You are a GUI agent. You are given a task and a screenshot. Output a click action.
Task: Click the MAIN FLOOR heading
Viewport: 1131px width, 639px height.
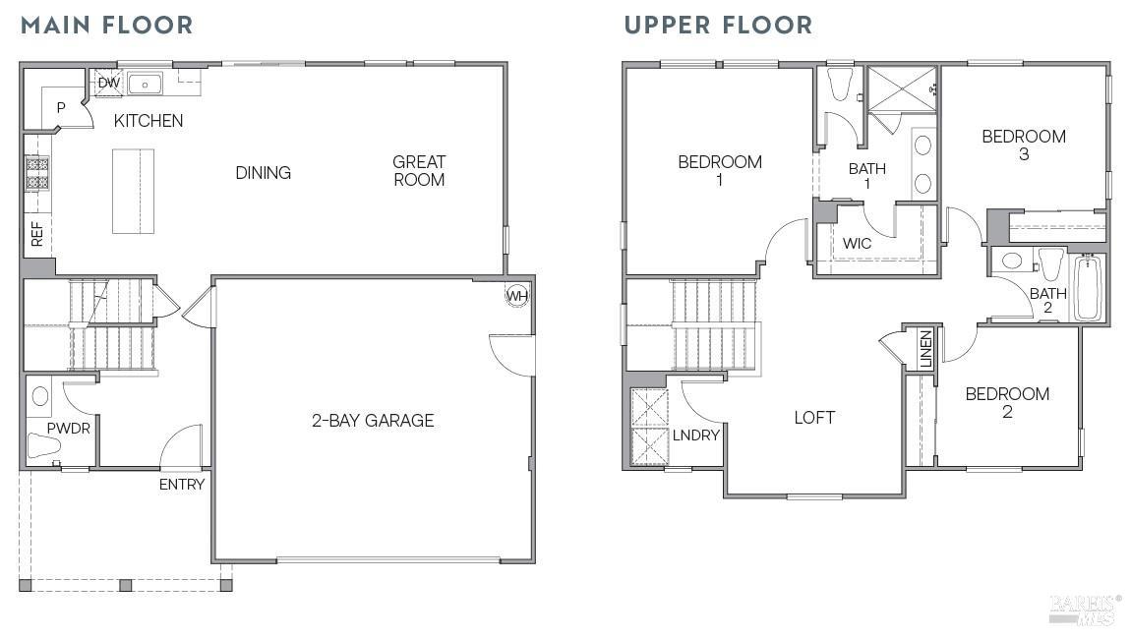(x=107, y=26)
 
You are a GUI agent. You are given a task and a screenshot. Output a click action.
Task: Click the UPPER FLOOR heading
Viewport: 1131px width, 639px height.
(x=718, y=26)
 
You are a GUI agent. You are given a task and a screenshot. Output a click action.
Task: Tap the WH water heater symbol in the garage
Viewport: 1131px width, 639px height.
(x=516, y=295)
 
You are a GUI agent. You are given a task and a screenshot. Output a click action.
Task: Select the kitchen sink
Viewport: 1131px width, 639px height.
(x=146, y=84)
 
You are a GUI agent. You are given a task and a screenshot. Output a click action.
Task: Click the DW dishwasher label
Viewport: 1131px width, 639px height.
(x=108, y=84)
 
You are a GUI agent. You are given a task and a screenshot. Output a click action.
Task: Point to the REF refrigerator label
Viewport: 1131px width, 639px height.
(x=37, y=234)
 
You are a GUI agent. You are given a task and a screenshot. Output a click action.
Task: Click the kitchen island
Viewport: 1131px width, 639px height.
(x=133, y=191)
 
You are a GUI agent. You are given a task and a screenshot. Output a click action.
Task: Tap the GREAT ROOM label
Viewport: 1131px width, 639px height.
(x=419, y=170)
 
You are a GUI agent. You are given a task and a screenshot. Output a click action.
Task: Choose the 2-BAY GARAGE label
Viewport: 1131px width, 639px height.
(x=373, y=421)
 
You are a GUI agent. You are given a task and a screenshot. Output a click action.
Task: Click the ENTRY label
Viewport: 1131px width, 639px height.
(x=182, y=484)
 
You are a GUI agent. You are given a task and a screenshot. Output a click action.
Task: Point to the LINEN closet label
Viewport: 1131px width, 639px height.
(x=925, y=350)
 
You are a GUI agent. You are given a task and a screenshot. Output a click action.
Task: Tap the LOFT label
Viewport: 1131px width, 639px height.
(x=814, y=418)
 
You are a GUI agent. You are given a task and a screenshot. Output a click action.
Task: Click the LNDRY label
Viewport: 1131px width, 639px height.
(x=696, y=435)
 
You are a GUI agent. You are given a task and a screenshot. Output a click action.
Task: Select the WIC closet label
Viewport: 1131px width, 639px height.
(x=857, y=244)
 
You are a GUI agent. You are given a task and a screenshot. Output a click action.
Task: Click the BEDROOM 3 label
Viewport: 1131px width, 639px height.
(x=1024, y=145)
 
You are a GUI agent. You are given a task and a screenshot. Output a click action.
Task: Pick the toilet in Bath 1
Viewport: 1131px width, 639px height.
(x=840, y=86)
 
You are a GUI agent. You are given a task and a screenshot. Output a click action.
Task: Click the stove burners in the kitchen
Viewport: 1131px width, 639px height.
(x=37, y=173)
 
